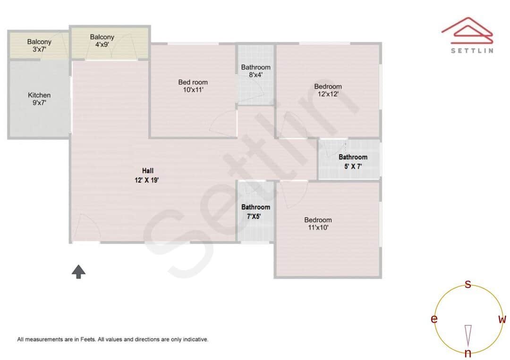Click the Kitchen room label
(x=39, y=99)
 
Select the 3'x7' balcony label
(x=39, y=45)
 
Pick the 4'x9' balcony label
(x=102, y=41)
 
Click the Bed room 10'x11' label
(x=193, y=86)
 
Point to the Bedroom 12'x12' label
(x=328, y=90)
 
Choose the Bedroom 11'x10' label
(x=317, y=224)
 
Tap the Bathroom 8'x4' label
(x=255, y=71)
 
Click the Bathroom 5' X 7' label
(x=353, y=161)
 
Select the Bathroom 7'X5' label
(x=255, y=211)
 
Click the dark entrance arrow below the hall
(x=78, y=271)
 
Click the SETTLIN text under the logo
(x=472, y=50)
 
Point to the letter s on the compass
(x=468, y=284)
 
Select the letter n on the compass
(x=468, y=354)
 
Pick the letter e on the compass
(x=433, y=319)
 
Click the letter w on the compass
(x=502, y=319)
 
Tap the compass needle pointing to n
(x=468, y=335)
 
